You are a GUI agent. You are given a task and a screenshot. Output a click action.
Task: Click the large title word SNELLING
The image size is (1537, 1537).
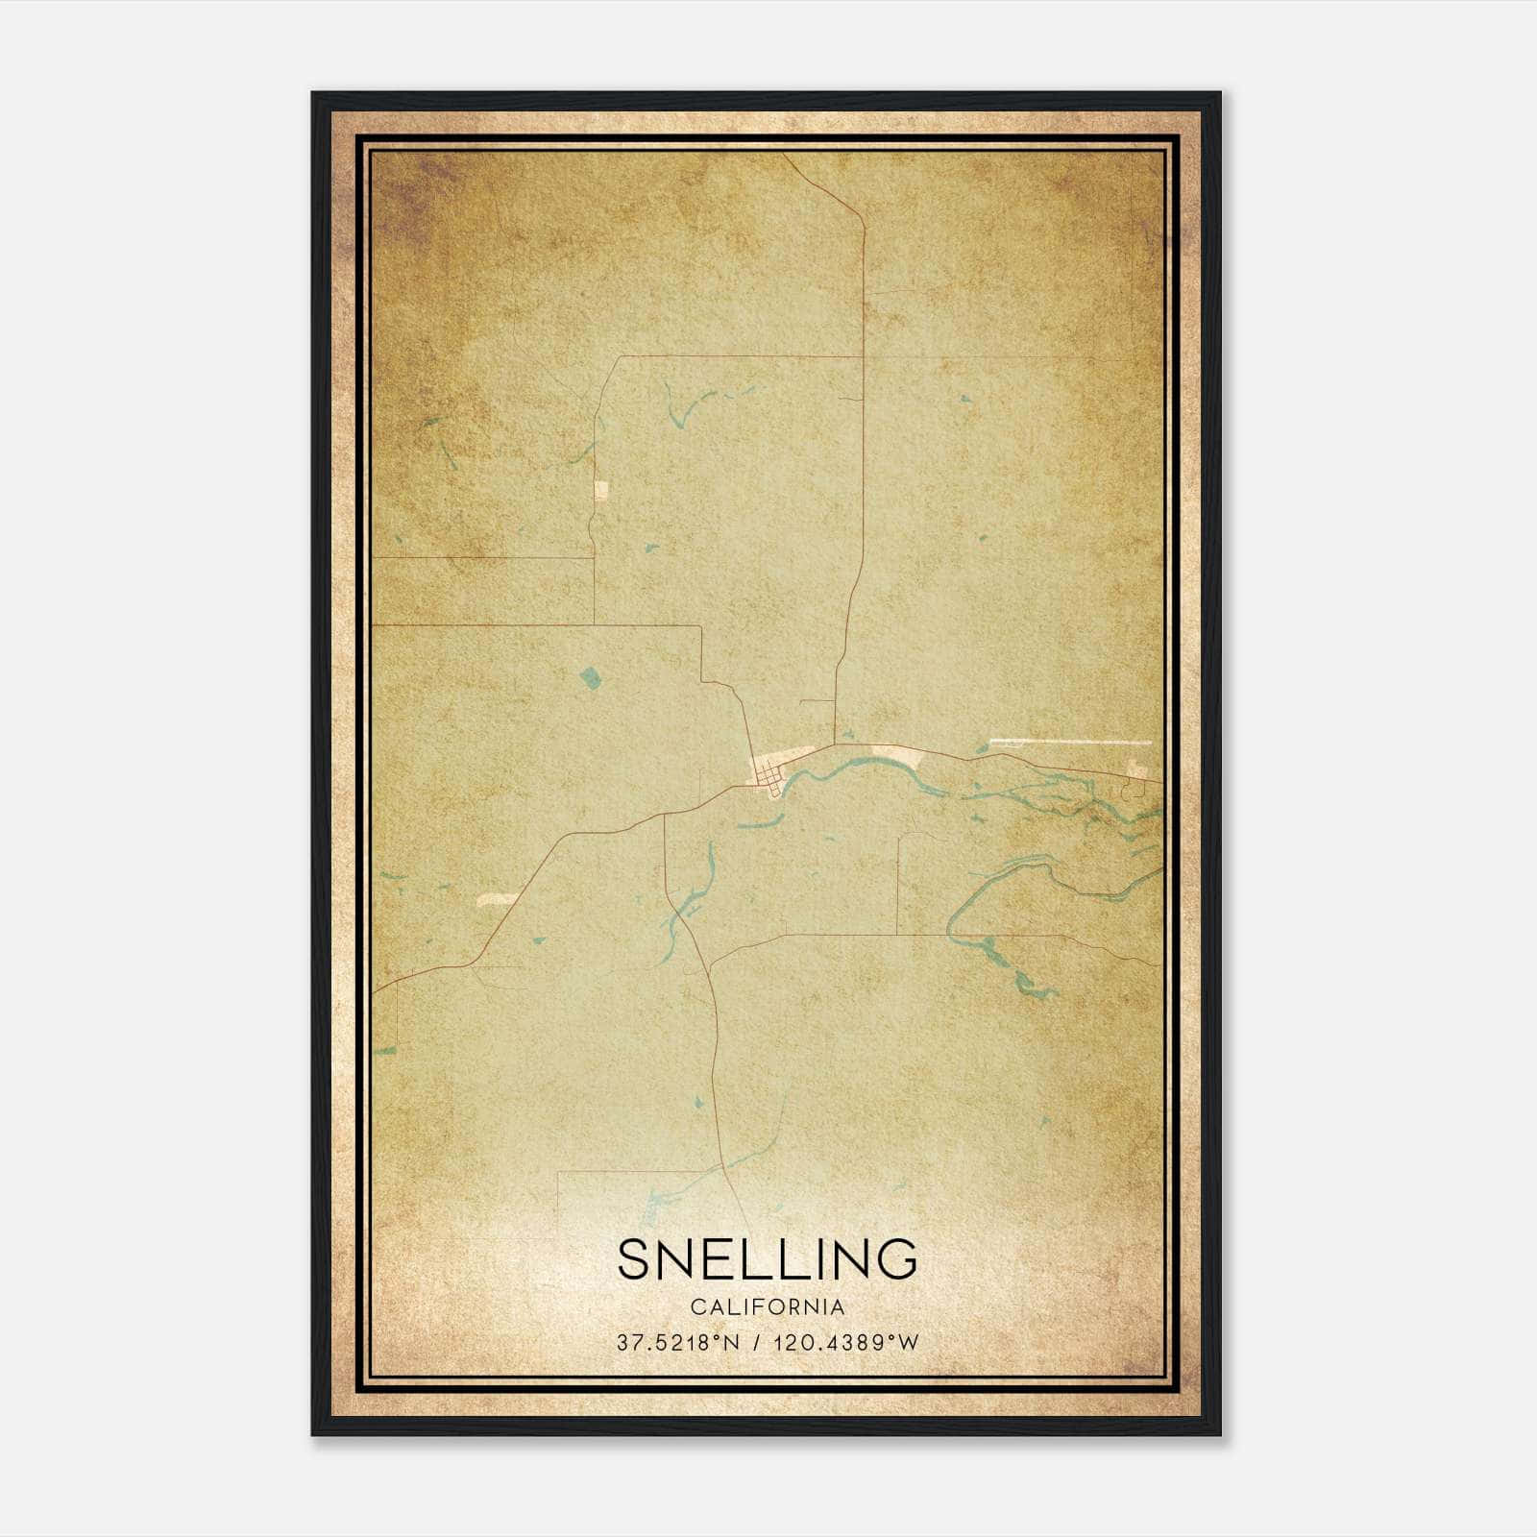coord(767,1258)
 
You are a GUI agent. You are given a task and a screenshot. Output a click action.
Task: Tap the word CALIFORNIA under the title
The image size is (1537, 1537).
coord(767,1307)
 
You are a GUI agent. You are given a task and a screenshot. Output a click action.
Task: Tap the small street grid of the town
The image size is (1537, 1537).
coord(768,774)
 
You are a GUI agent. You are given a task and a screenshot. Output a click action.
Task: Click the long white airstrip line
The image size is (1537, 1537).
coord(1069,742)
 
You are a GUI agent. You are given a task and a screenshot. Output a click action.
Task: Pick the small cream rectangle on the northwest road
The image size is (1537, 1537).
coord(602,491)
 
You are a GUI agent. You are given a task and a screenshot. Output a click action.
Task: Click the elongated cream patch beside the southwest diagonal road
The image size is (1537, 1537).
coord(497,900)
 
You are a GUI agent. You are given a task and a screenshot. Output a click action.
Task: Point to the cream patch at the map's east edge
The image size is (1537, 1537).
coord(1139,768)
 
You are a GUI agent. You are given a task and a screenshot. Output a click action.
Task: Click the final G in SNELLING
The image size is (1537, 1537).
coord(896,1258)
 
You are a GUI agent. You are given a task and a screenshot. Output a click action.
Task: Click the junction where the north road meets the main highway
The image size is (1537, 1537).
coord(835,744)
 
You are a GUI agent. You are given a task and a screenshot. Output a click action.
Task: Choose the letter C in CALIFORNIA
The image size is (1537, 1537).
coord(695,1307)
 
